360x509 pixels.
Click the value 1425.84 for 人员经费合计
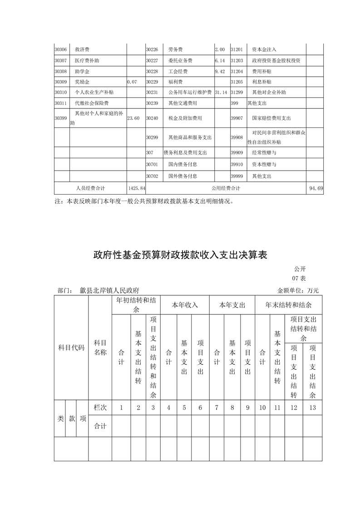137,188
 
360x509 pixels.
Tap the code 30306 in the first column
60,49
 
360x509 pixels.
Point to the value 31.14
221,93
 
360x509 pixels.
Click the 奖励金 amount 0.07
132,82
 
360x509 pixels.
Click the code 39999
237,176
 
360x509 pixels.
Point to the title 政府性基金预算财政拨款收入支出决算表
180,255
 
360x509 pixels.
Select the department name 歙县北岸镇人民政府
109,290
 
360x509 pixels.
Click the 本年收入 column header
185,305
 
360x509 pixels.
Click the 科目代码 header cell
71,348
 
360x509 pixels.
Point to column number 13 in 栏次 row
312,407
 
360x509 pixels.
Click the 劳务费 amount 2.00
220,49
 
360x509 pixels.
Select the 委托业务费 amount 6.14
220,60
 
